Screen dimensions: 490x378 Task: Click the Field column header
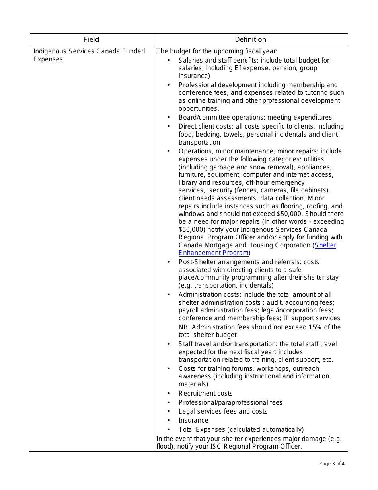91,39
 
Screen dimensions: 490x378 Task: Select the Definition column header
250,39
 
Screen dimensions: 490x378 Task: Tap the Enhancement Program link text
214,253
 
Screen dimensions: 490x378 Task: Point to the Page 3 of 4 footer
332,463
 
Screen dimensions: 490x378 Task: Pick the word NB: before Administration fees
184,327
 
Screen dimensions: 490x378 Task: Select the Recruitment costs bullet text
205,394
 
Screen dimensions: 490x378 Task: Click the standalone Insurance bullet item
193,421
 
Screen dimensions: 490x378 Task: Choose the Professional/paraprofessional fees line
230,402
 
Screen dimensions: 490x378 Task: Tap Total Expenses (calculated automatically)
241,429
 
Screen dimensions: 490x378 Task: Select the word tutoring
315,93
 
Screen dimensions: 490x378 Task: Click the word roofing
315,206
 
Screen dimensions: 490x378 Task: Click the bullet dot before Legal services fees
169,412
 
